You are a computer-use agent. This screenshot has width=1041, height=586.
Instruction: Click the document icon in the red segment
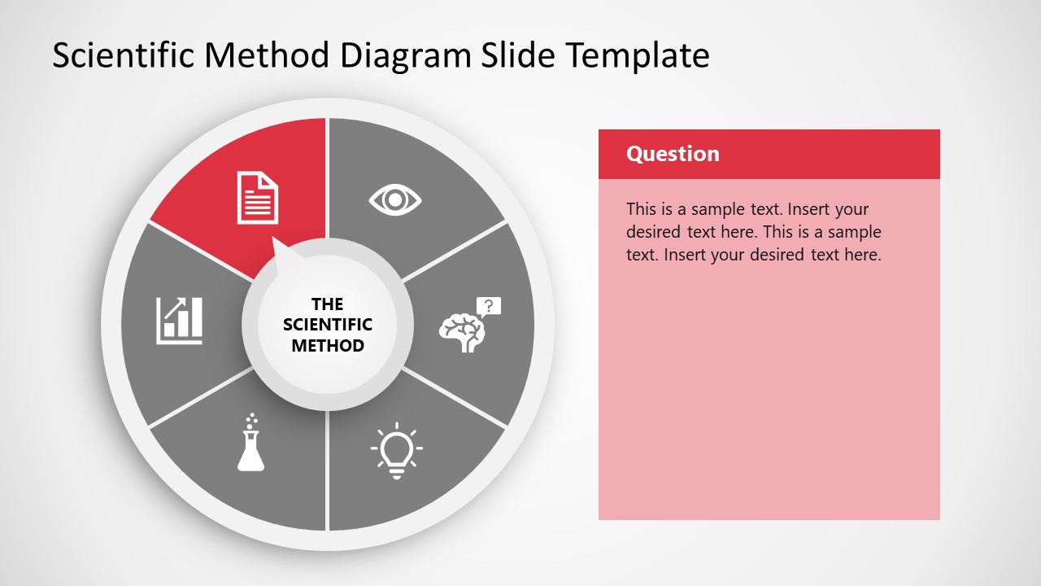257,197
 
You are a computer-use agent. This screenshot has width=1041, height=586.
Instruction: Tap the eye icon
395,199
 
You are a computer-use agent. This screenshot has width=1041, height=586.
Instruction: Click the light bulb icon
396,450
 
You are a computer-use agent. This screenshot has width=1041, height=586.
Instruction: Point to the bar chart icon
180,320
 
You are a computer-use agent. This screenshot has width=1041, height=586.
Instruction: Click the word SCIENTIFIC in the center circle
327,325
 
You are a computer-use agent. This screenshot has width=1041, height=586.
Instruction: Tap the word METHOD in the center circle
327,345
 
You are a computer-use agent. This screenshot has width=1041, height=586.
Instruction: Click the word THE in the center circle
327,304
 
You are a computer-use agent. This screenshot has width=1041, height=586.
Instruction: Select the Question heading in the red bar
673,154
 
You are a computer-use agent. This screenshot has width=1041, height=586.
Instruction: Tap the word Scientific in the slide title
124,55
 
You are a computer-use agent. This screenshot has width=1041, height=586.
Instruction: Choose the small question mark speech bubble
489,307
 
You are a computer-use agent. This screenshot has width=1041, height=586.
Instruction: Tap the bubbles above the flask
252,420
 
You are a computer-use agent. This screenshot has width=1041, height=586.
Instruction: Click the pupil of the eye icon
395,199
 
